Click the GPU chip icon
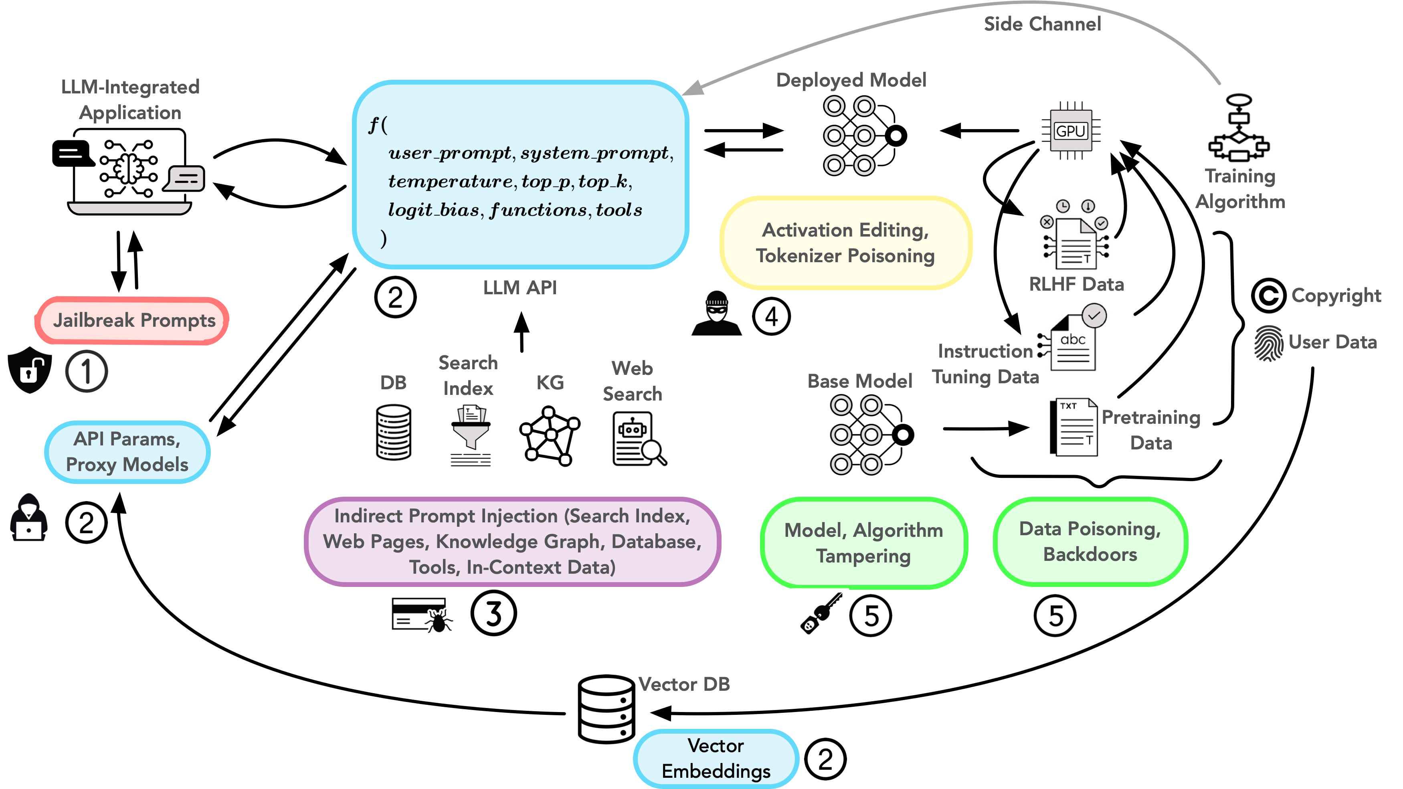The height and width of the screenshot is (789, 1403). pos(1071,131)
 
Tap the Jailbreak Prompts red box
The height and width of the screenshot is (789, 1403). pos(132,320)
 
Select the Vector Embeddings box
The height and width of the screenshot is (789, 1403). pos(716,758)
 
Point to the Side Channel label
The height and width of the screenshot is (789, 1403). pos(1042,24)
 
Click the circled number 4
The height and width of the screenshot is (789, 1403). pos(771,317)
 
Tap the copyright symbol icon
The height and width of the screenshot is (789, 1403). pos(1268,296)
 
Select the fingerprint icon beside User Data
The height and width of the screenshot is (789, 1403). pos(1268,343)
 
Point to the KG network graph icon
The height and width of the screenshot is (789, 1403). pos(550,436)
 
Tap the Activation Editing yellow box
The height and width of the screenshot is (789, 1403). pos(845,243)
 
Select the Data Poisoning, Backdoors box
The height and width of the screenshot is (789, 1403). pos(1090,542)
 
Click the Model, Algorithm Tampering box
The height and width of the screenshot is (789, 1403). pos(863,543)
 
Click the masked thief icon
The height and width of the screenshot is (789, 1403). pos(716,314)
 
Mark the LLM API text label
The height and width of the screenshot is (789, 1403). pos(520,288)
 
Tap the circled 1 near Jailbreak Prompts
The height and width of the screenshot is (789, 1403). pos(86,372)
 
